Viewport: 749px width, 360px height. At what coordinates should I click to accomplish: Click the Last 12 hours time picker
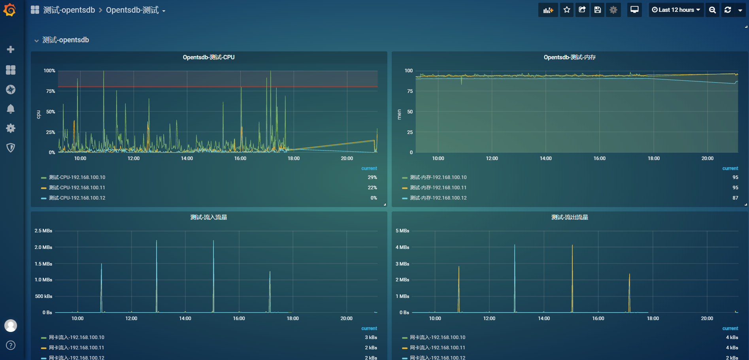tap(676, 10)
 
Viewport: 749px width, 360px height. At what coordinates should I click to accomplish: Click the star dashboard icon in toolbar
tap(567, 10)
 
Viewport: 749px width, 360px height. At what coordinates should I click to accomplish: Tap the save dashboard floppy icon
tap(598, 10)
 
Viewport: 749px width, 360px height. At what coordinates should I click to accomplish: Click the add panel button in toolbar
tap(548, 10)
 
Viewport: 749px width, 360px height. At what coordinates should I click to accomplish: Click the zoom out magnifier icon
tap(712, 10)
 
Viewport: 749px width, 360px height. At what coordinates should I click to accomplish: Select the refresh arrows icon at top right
tap(728, 10)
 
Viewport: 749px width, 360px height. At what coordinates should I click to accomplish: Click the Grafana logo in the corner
tap(9, 10)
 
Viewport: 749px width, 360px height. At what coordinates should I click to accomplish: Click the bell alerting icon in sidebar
tap(11, 109)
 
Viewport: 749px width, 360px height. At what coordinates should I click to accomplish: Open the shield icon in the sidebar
tap(11, 148)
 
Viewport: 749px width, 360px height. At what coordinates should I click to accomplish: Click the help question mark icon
tap(11, 345)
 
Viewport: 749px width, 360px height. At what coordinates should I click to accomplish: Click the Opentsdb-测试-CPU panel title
tap(209, 57)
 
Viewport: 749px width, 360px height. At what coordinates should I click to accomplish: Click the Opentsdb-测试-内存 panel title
tap(570, 57)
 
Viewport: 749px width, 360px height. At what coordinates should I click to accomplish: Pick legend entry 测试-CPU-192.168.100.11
tap(77, 188)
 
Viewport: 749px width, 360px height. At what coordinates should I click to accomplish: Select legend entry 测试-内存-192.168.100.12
tap(438, 198)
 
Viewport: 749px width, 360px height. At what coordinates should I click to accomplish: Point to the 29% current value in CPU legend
tap(372, 177)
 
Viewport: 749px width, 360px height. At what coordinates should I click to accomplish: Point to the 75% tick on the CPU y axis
tap(51, 91)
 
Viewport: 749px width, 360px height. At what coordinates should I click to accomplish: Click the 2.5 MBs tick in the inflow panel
tap(43, 231)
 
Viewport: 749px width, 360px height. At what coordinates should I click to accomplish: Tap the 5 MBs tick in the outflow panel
tap(402, 231)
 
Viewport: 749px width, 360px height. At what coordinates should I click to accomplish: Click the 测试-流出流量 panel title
tap(570, 217)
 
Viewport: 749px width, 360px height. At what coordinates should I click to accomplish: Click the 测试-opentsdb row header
tap(66, 40)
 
